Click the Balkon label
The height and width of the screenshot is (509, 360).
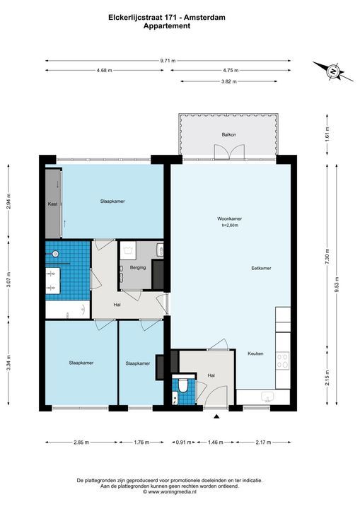[x=228, y=134]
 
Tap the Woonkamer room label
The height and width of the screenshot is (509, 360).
[x=229, y=218]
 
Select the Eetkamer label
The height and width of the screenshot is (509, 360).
[x=261, y=268]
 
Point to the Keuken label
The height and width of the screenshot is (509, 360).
[x=255, y=353]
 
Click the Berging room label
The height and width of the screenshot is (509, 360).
[x=138, y=268]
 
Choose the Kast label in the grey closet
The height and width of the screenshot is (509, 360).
[x=52, y=204]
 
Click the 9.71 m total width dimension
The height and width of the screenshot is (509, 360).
[x=168, y=60]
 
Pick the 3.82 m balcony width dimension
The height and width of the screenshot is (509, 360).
[x=228, y=81]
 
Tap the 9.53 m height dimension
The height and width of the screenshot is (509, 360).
[x=337, y=284]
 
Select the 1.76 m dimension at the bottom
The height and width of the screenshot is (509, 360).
[x=141, y=442]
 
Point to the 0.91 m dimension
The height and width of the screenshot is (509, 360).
[x=184, y=442]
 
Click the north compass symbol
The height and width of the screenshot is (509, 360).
[x=333, y=71]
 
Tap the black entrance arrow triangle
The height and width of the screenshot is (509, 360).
[x=216, y=416]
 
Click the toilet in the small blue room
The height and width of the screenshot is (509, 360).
[x=184, y=386]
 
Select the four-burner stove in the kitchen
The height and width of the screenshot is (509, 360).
[x=282, y=361]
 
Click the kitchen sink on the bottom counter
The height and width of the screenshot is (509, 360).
[x=268, y=397]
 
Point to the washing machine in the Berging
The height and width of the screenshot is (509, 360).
[x=128, y=250]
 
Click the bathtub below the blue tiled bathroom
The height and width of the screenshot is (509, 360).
[x=68, y=310]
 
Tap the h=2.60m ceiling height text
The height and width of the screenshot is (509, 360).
[x=230, y=225]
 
